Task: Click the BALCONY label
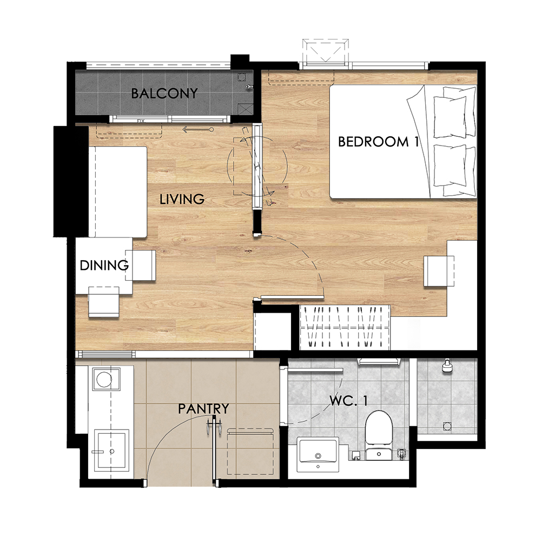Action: [x=164, y=93]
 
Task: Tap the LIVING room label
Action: [x=182, y=199]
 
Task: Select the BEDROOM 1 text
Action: [x=378, y=142]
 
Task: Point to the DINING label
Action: [x=104, y=265]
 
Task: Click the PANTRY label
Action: [x=203, y=408]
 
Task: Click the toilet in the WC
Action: [x=379, y=435]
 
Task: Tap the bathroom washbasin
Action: [x=318, y=454]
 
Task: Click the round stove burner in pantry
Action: [x=104, y=379]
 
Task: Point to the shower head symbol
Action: [x=447, y=366]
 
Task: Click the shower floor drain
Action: [x=447, y=426]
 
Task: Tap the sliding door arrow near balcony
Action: [x=198, y=130]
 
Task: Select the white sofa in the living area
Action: [x=118, y=191]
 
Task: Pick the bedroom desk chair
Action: [x=439, y=271]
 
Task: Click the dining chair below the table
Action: [x=104, y=302]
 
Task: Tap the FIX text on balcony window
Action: [x=141, y=121]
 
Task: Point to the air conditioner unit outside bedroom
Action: [x=326, y=51]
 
